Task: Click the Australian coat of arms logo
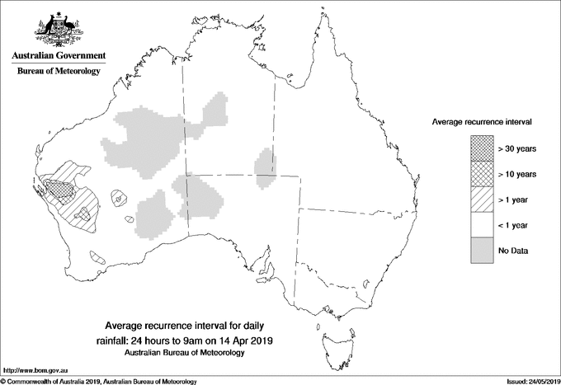point(58,30)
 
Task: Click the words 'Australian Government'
point(58,55)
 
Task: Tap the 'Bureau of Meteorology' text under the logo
point(58,71)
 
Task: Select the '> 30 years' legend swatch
point(481,148)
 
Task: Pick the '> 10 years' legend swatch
point(481,174)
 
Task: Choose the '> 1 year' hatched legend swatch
point(481,200)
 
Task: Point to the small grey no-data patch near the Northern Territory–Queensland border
point(263,162)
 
